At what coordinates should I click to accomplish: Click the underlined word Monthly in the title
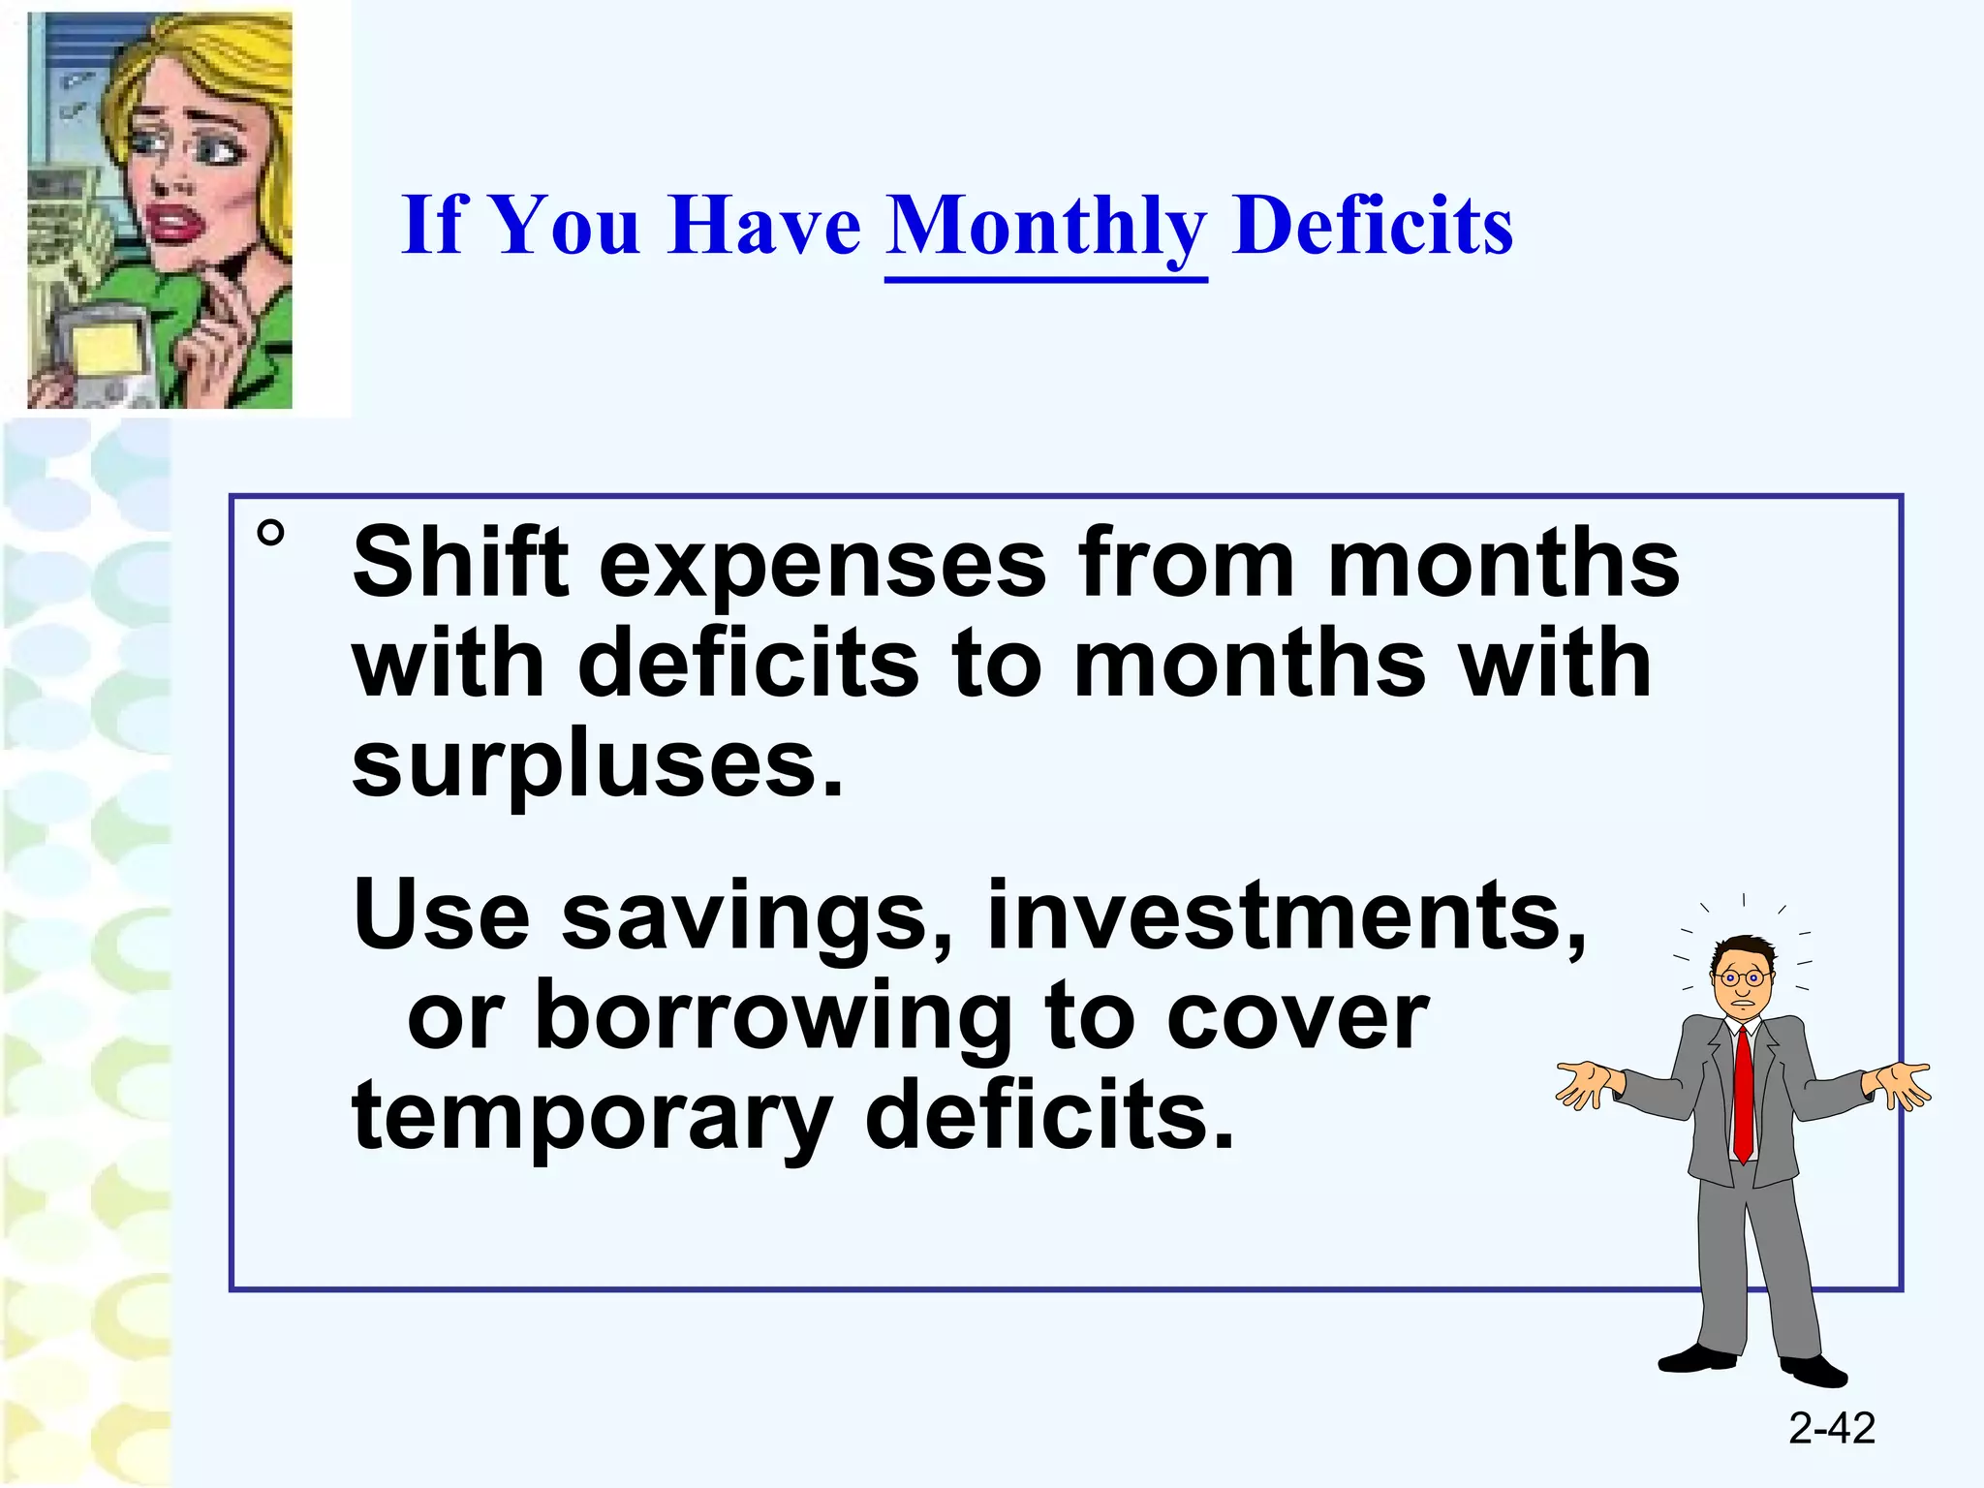(x=1046, y=228)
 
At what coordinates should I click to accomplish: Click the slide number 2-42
(x=1832, y=1428)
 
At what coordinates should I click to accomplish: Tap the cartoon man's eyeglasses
(x=1742, y=978)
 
